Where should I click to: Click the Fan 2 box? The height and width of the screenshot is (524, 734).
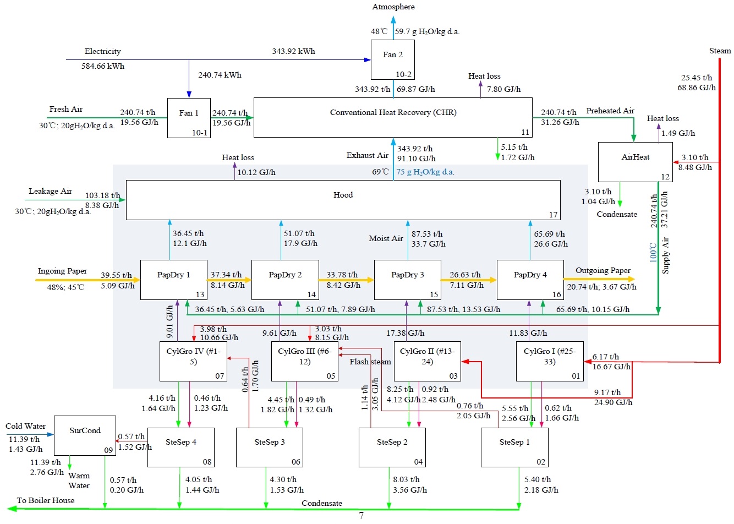[392, 59]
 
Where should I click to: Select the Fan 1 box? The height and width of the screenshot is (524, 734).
[189, 118]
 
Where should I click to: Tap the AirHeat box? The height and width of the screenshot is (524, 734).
[635, 162]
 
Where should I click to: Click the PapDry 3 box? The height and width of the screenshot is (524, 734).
[407, 280]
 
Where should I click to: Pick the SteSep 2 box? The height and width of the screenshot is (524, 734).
[392, 447]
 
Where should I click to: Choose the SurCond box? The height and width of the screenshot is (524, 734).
[85, 435]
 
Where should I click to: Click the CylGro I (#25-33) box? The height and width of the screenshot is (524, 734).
[549, 361]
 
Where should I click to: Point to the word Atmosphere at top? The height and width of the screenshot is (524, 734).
[393, 7]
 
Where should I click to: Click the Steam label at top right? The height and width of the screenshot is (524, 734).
[720, 51]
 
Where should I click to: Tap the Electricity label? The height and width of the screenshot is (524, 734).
[102, 52]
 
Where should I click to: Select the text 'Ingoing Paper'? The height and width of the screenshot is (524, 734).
[62, 271]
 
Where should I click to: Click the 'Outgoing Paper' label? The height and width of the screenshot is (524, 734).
[602, 271]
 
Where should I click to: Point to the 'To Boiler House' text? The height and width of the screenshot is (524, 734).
[46, 500]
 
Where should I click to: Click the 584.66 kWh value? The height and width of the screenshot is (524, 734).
[103, 67]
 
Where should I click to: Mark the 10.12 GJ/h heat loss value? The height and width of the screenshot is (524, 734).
[256, 173]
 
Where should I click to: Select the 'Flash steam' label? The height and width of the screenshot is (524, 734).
[370, 362]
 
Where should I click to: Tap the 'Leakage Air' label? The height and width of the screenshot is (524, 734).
[50, 192]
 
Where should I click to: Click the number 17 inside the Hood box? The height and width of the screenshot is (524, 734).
[553, 215]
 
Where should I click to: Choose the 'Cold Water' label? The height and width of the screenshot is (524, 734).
[25, 427]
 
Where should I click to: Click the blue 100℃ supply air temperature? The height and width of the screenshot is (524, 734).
[653, 252]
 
